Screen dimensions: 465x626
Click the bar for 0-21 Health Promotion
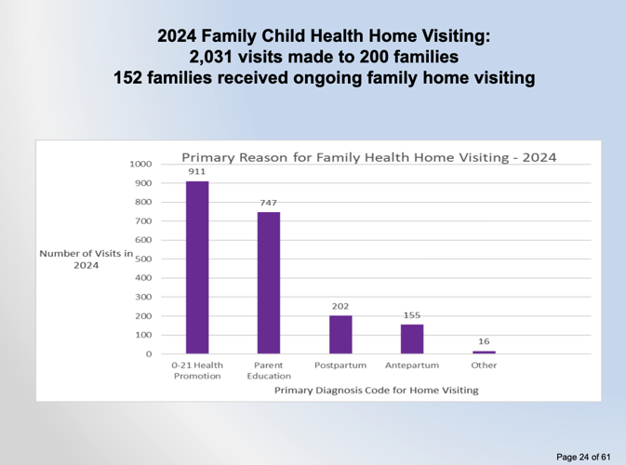pos(197,268)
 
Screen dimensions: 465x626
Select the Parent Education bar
pos(269,283)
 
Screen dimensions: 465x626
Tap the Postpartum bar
pos(340,335)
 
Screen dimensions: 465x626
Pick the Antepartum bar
pos(412,339)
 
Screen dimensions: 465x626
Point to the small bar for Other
pos(484,352)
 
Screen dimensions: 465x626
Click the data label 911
pos(197,172)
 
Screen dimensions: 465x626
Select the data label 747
pos(269,203)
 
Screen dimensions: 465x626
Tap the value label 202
pos(340,306)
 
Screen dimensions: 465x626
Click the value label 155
pos(412,315)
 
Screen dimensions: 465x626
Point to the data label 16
pos(484,341)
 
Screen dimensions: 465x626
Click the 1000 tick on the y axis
pos(140,164)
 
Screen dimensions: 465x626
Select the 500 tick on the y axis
pos(143,259)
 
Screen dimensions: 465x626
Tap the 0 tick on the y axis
pos(148,354)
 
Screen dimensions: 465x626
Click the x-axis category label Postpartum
pos(340,365)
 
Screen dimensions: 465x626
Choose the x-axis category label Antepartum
pos(412,365)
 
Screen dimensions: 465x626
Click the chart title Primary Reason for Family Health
pos(368,157)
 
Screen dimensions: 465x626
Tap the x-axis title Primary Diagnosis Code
pos(376,390)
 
